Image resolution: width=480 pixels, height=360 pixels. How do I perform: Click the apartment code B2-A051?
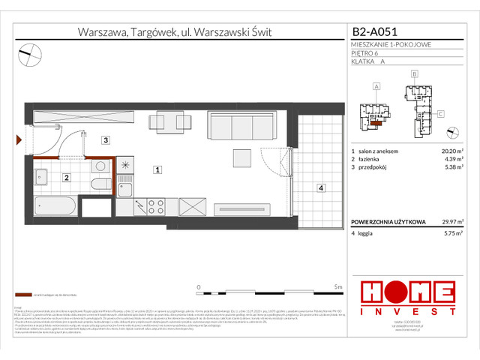point(375,32)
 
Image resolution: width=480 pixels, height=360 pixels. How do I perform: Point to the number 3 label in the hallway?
point(106,140)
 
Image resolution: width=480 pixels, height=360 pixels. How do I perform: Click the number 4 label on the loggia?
point(320,188)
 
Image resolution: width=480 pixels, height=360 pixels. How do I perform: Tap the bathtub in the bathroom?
point(55,206)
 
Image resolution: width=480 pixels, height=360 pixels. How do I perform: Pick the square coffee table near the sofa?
point(242,157)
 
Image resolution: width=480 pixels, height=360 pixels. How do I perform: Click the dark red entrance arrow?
point(19,139)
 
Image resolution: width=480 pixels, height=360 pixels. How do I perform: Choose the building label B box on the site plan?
point(414,75)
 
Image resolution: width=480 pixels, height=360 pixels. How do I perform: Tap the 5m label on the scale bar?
point(339,286)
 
